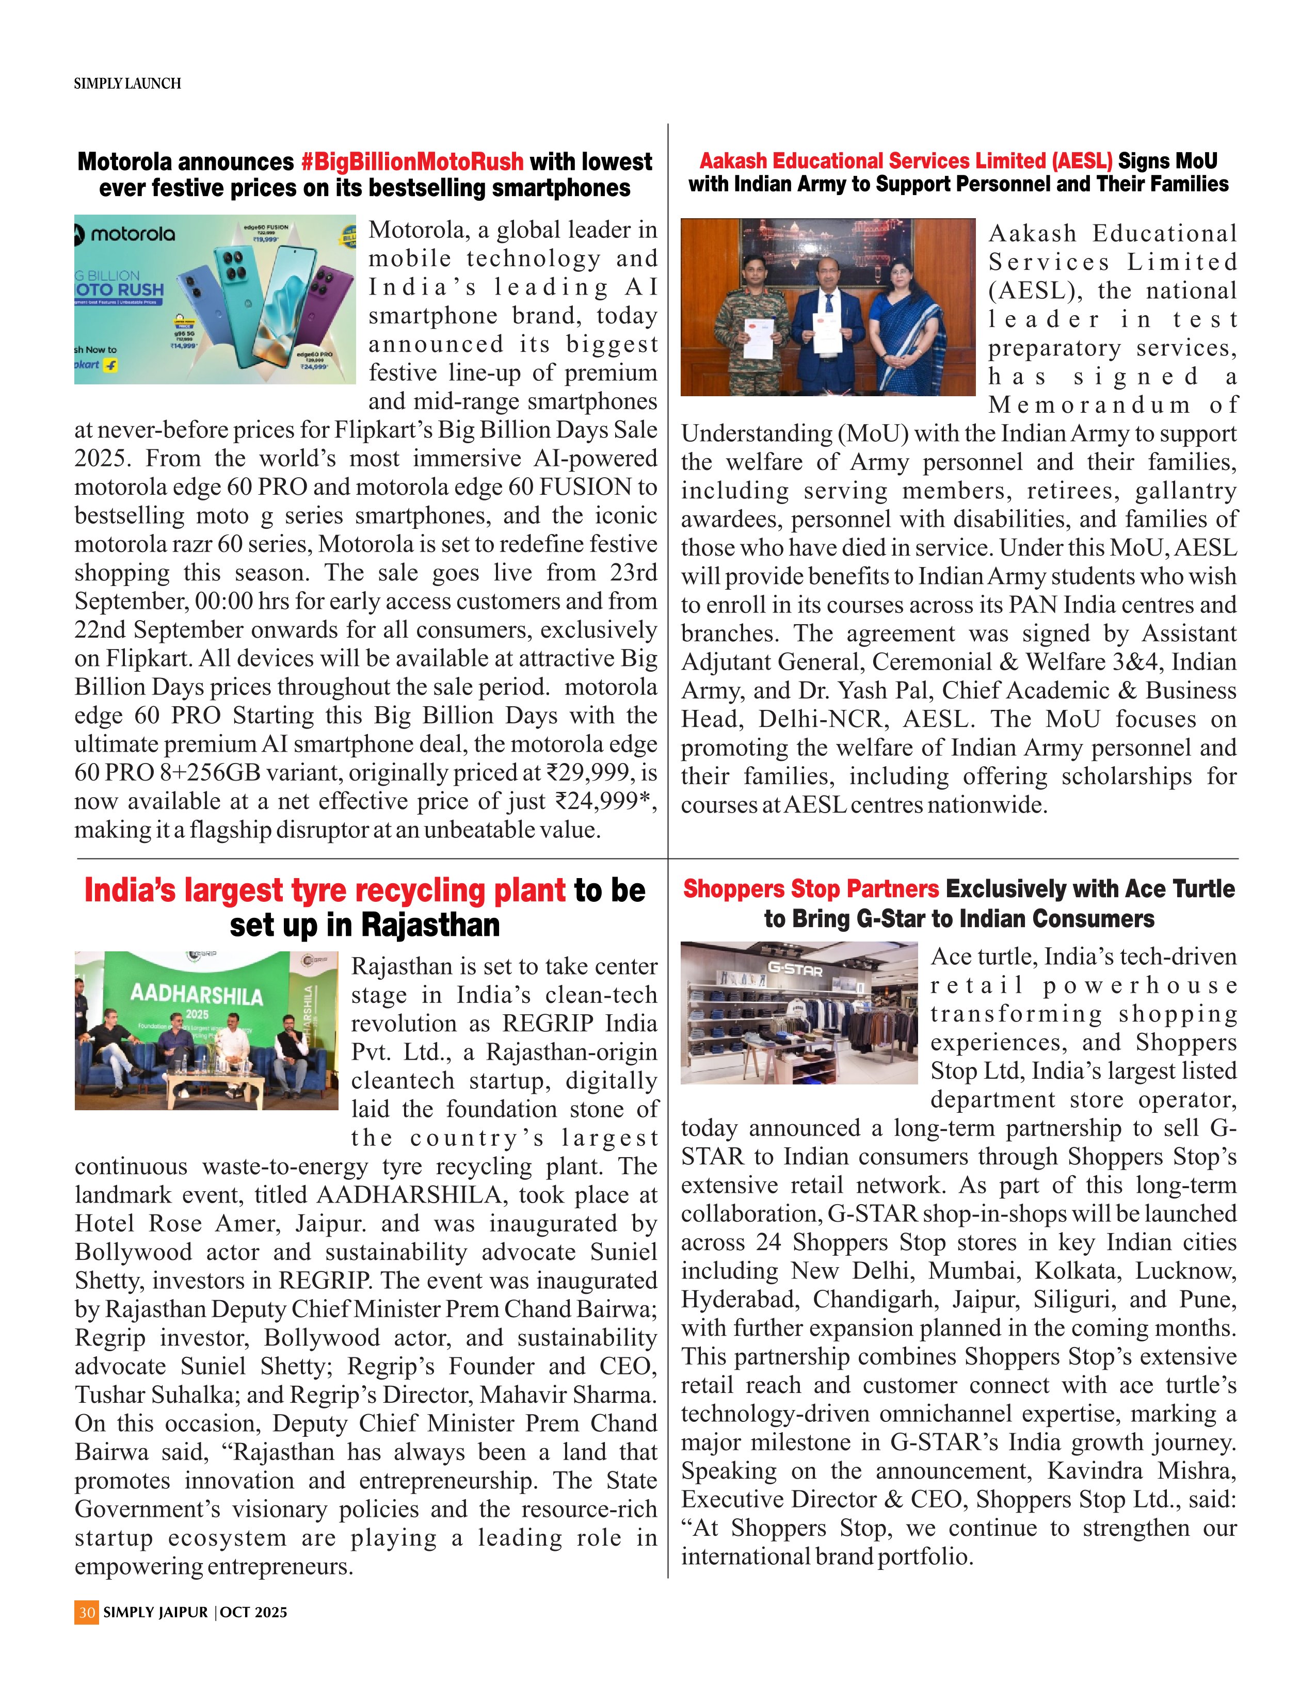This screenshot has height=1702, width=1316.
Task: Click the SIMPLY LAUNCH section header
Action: tap(127, 84)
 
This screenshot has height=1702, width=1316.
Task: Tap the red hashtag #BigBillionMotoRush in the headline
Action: tap(412, 162)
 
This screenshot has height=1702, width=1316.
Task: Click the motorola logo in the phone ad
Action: tap(126, 234)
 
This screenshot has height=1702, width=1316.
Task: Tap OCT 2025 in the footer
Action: tap(253, 1612)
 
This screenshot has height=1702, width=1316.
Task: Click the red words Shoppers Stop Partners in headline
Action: tap(811, 889)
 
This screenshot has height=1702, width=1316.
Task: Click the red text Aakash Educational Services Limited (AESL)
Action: tap(906, 161)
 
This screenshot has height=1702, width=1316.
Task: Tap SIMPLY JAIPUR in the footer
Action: tap(155, 1612)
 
